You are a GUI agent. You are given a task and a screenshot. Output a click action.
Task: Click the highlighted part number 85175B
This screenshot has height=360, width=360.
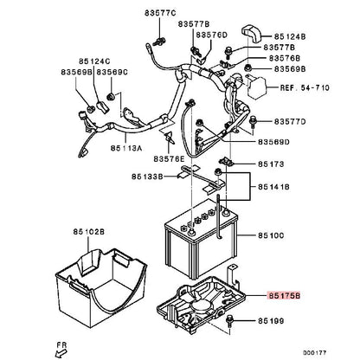coord(285,296)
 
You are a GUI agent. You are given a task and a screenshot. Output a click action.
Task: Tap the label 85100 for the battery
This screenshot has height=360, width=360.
coord(271,235)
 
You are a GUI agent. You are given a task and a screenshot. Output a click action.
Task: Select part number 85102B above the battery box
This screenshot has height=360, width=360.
coord(88,231)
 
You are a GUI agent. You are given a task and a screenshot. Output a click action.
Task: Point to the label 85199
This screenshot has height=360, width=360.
coord(271,321)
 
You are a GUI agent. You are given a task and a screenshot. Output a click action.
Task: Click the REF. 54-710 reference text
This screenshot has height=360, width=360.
coord(305,87)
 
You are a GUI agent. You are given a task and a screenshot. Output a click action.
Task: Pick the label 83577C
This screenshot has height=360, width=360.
coord(160,13)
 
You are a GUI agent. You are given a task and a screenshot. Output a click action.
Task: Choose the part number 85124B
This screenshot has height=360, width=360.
coord(290,36)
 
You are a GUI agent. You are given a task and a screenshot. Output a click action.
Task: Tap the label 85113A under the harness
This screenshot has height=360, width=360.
coord(126,148)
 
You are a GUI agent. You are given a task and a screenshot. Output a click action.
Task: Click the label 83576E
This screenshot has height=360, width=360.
coord(169,158)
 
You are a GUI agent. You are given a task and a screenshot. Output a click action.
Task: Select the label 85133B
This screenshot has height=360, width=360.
coord(147,177)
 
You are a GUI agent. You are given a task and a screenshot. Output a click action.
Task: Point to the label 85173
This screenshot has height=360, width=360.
coord(271,164)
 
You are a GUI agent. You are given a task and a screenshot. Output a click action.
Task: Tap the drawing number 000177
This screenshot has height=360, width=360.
coord(314,353)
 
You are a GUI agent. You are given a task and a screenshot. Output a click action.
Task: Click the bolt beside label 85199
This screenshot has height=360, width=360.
coord(230,321)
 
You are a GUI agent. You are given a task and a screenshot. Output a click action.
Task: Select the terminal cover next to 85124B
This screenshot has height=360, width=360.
coord(250,33)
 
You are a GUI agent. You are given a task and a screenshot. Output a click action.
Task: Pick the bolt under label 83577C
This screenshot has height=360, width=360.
coord(159,42)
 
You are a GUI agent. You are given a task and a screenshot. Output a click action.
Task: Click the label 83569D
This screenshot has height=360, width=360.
coord(273,142)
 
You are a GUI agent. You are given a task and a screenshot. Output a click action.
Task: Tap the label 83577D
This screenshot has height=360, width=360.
coord(290,122)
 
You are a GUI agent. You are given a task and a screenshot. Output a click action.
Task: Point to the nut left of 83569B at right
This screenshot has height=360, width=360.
coord(247,68)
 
